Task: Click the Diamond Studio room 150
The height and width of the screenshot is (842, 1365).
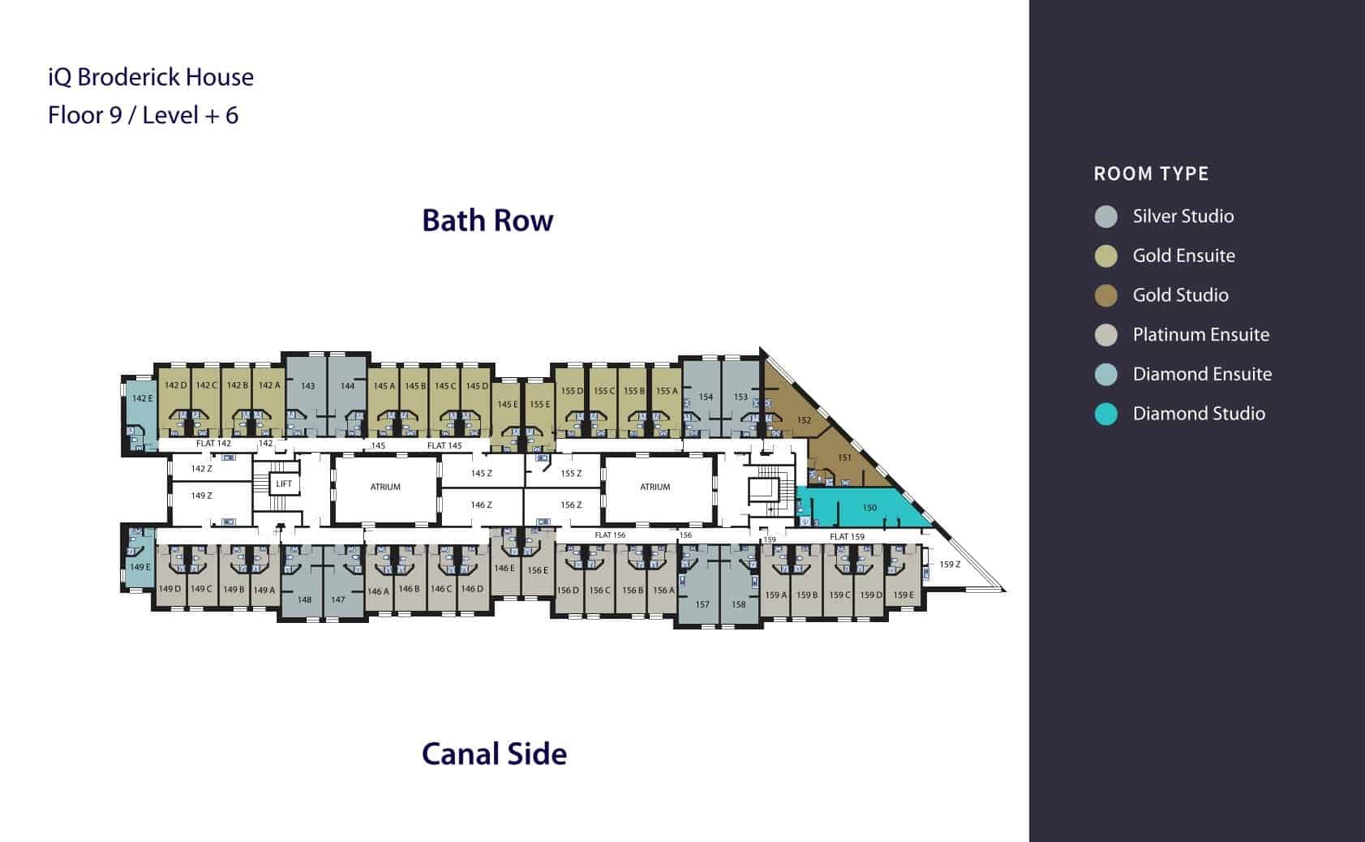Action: (865, 507)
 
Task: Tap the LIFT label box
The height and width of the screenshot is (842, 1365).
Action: (284, 483)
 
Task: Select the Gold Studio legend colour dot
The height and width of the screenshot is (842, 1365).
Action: (1105, 295)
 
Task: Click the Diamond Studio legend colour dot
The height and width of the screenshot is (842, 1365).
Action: (1105, 415)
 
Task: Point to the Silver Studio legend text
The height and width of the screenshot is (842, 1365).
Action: (1183, 217)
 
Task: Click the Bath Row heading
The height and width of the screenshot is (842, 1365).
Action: (487, 221)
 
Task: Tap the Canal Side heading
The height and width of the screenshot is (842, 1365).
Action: (494, 754)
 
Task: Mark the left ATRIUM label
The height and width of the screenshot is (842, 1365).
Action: (385, 488)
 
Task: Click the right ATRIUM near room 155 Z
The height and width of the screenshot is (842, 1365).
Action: (655, 488)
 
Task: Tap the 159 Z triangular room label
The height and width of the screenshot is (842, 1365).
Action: (950, 565)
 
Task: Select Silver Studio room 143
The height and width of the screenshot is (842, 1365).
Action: (307, 396)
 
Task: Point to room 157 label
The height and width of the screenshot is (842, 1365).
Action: (702, 604)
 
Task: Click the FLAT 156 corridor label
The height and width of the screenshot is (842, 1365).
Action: (610, 535)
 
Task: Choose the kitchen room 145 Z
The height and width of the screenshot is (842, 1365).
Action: (482, 473)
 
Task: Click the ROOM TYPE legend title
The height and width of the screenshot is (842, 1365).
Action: (1151, 174)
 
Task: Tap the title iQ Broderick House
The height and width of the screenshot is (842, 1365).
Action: (151, 77)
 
